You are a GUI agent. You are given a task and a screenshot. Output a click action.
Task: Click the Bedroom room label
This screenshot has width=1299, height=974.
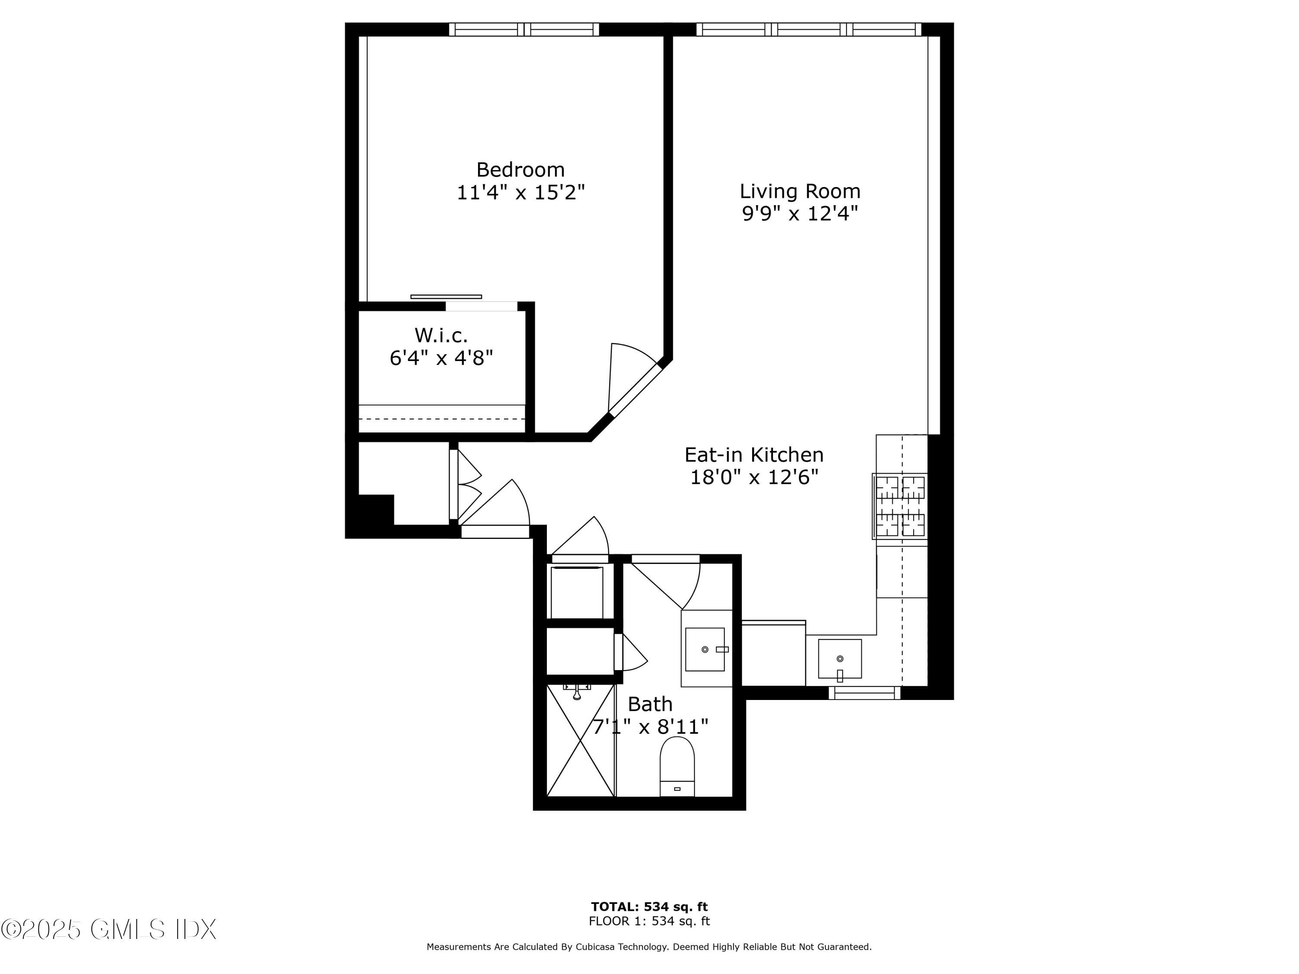(520, 170)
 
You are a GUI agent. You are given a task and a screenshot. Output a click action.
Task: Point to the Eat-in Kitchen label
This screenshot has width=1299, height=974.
(754, 455)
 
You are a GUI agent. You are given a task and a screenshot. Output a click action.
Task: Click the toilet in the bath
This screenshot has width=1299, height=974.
(677, 766)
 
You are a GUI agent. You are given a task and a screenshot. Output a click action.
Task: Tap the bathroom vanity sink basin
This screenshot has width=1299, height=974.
(704, 649)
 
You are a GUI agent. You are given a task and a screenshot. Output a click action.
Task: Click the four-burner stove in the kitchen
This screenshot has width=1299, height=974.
(900, 506)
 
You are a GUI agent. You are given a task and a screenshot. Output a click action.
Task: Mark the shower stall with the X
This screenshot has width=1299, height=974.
(580, 741)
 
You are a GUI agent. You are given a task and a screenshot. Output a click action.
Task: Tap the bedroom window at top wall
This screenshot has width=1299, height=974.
(524, 29)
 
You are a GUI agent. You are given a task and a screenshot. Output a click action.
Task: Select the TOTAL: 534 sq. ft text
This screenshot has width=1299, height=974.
(649, 907)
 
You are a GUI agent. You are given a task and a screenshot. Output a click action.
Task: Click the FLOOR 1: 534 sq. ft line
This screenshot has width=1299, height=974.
(649, 921)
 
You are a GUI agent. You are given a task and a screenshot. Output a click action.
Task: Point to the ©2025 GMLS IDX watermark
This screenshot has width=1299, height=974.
(109, 929)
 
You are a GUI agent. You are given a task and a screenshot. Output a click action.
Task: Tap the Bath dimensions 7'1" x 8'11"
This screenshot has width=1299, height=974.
(650, 727)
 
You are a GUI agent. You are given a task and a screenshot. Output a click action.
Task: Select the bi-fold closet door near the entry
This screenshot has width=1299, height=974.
(467, 484)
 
